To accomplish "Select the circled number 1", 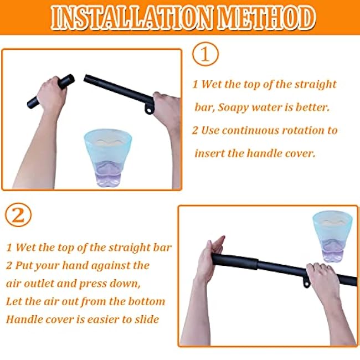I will click(x=205, y=54).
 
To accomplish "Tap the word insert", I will click(x=208, y=153).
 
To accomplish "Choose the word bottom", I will click(x=146, y=301).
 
